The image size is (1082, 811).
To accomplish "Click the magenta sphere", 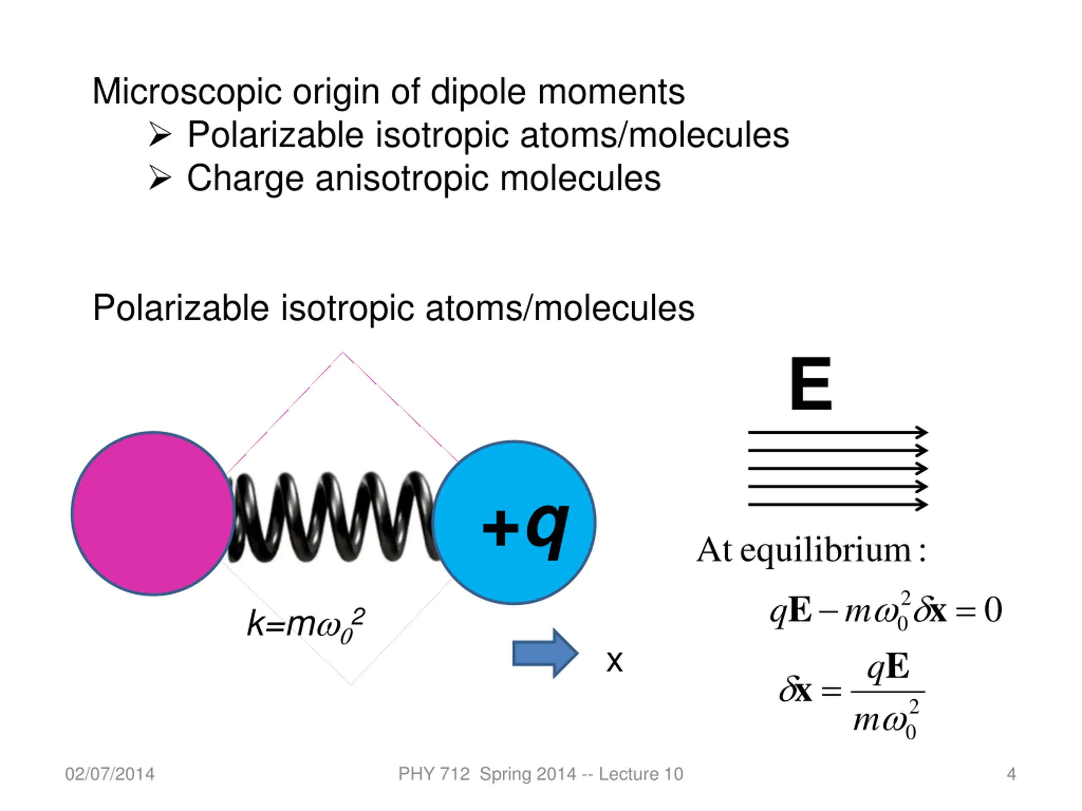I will pyautogui.click(x=153, y=513).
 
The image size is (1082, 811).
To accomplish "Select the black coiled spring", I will pyautogui.click(x=333, y=517).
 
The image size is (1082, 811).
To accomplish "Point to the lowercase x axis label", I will pyautogui.click(x=615, y=662).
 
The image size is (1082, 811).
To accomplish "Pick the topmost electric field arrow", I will pyautogui.click(x=837, y=432).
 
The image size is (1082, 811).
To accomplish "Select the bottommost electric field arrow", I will pyautogui.click(x=837, y=504).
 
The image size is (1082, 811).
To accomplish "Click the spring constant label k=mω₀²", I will pyautogui.click(x=306, y=625).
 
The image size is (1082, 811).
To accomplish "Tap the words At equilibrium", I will pyautogui.click(x=811, y=550).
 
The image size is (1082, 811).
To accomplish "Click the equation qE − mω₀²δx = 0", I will pyautogui.click(x=885, y=611).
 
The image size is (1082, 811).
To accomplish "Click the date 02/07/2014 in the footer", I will pyautogui.click(x=109, y=774).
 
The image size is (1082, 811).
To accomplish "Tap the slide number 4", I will pyautogui.click(x=1011, y=774).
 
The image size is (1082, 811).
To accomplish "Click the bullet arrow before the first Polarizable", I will pyautogui.click(x=159, y=134).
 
